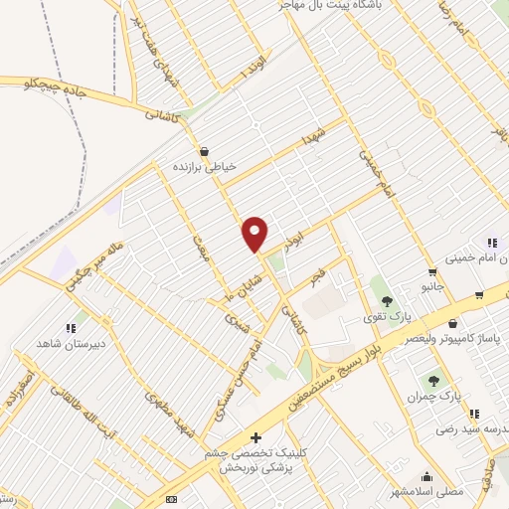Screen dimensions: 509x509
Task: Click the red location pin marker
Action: [x=255, y=234]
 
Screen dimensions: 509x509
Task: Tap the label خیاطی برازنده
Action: [x=204, y=167]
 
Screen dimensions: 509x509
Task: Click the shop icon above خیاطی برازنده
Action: [x=204, y=152]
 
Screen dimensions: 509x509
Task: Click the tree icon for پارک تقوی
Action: [x=387, y=302]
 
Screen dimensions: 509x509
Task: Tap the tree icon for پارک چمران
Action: [x=433, y=380]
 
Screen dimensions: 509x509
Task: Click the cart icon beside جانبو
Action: [x=432, y=271]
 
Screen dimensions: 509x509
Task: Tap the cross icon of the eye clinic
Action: [x=255, y=437]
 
